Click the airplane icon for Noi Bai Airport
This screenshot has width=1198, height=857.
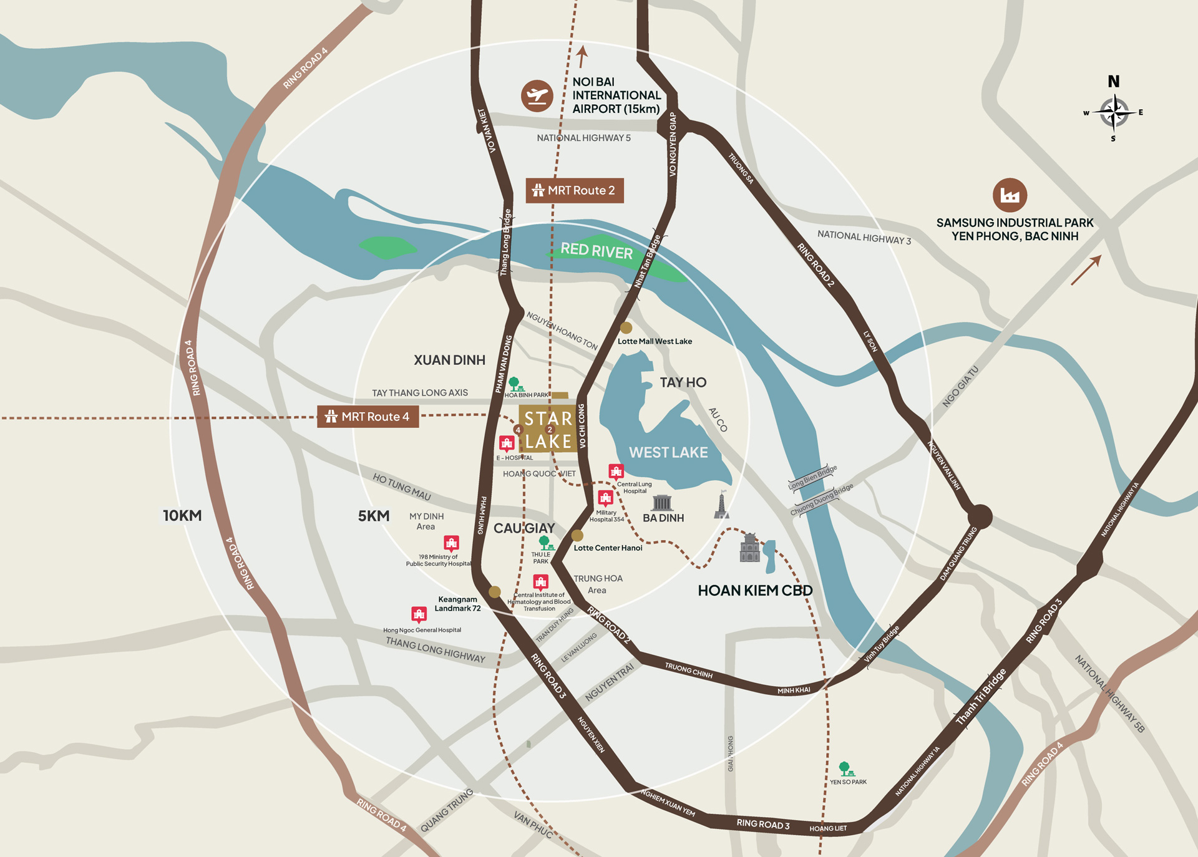click(537, 96)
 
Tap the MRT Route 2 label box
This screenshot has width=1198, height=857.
click(575, 190)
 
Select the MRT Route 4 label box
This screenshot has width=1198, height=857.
click(368, 417)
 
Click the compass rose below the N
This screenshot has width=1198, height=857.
click(1114, 113)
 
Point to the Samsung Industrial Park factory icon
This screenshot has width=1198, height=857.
click(1010, 195)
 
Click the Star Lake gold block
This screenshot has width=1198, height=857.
click(547, 430)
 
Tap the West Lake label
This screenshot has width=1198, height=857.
click(668, 452)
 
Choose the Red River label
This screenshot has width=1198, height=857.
click(597, 250)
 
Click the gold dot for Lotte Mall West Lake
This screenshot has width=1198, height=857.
click(626, 327)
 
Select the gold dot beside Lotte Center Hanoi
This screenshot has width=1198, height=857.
click(577, 535)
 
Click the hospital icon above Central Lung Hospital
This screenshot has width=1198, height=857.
click(616, 472)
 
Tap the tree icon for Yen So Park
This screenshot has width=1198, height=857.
click(845, 769)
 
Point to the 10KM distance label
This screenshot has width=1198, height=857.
click(182, 515)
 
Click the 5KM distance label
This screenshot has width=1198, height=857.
click(373, 516)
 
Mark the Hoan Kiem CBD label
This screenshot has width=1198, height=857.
click(755, 590)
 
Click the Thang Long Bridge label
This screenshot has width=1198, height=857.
click(505, 243)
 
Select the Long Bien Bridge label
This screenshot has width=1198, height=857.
click(812, 477)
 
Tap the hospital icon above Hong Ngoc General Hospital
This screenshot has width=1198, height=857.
click(419, 614)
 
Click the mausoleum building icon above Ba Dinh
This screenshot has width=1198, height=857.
click(662, 503)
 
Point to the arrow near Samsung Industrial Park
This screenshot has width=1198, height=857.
click(1086, 270)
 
